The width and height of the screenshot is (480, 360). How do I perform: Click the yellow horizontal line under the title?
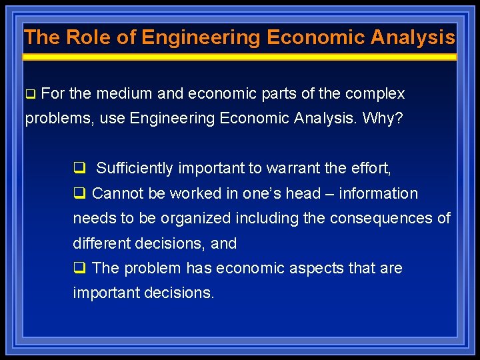click(240, 58)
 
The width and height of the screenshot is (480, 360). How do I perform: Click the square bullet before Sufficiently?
click(79, 169)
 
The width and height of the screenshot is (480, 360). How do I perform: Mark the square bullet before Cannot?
click(79, 194)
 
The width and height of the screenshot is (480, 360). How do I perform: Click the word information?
click(379, 194)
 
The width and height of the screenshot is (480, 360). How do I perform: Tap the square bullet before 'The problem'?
click(79, 269)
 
